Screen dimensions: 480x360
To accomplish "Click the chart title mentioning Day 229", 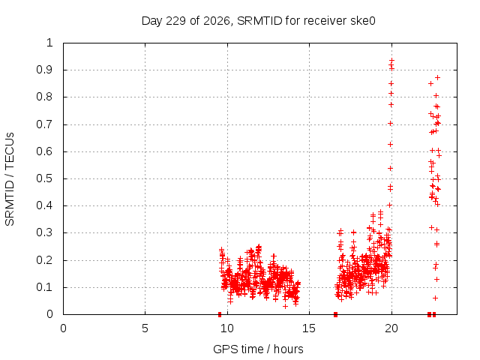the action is click(x=258, y=21).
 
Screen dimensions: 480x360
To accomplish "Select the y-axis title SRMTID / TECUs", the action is click(x=10, y=179).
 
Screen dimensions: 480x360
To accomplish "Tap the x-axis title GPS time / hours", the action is click(x=258, y=349).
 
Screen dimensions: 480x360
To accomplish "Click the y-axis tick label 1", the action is click(x=50, y=43).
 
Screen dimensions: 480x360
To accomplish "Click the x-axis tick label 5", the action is click(x=145, y=328).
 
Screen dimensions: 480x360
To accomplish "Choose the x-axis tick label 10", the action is click(x=227, y=328).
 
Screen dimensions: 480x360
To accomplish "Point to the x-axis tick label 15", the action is click(x=309, y=328).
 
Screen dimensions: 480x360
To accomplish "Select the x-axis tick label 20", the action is click(x=391, y=328).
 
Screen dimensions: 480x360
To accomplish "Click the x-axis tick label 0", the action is click(x=63, y=328).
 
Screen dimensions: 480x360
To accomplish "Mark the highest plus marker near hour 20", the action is click(x=391, y=61).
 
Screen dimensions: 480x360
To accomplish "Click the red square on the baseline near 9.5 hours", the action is click(x=220, y=314).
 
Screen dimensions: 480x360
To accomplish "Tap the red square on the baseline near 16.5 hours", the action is click(x=335, y=314).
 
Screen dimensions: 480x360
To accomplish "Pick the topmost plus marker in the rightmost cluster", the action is click(x=438, y=78).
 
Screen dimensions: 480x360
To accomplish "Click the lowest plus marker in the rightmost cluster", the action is click(x=435, y=298).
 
